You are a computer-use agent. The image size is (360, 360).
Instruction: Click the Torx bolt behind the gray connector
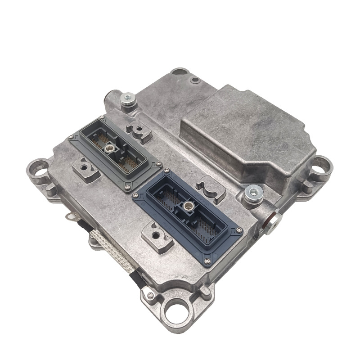click(127, 99)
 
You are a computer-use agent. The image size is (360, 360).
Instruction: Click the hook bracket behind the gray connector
click(138, 130)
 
